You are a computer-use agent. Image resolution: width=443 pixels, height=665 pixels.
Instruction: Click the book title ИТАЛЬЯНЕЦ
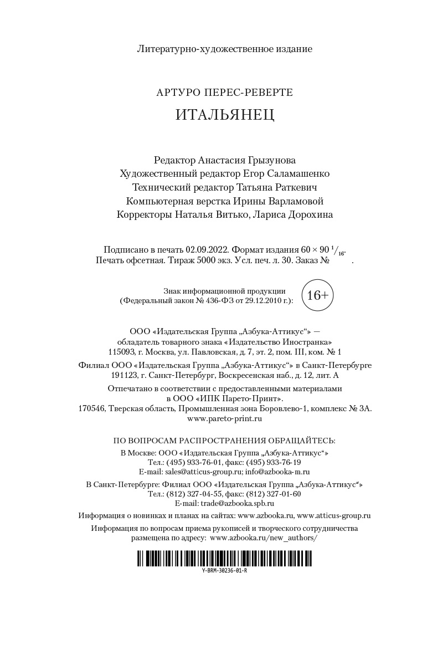pyautogui.click(x=225, y=115)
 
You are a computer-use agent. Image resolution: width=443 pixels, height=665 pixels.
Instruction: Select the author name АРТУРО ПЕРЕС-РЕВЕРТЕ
pyautogui.click(x=225, y=92)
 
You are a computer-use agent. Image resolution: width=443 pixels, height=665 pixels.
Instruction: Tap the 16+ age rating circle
pyautogui.click(x=317, y=296)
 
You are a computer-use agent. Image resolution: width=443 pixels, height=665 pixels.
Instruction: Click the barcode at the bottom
pyautogui.click(x=224, y=557)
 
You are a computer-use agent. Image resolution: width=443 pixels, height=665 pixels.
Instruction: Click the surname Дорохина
pyautogui.click(x=307, y=215)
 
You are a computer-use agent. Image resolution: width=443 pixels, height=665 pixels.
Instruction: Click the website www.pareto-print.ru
pyautogui.click(x=225, y=418)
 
